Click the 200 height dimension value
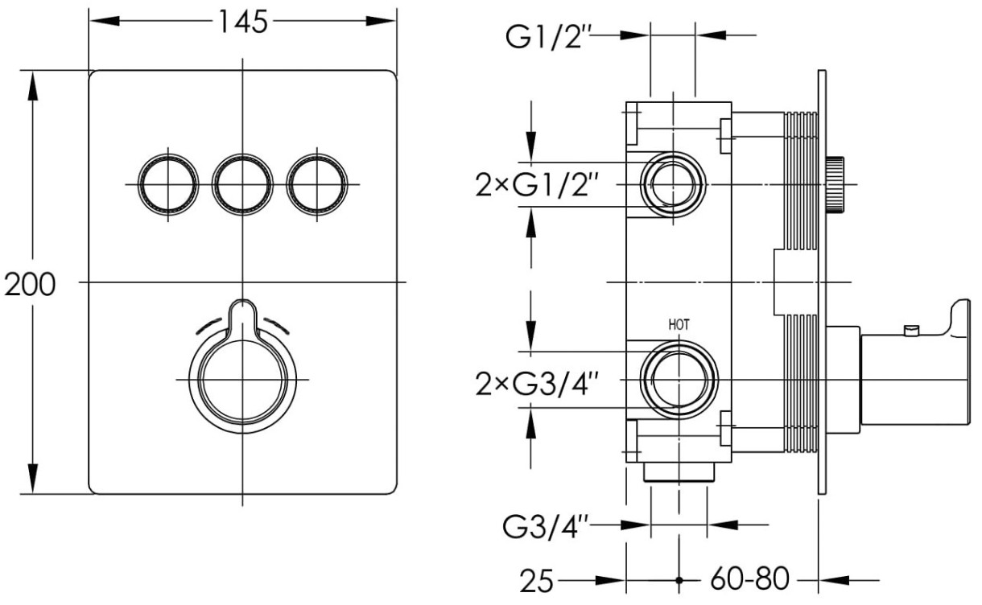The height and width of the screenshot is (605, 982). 29,283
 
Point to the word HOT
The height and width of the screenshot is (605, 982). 679,325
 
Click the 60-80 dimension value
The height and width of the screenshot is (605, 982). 749,580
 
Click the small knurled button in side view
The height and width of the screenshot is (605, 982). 836,184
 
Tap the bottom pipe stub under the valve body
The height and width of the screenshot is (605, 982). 678,473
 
